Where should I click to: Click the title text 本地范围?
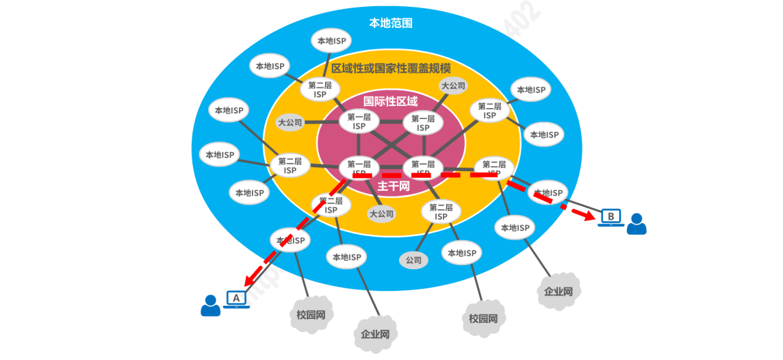[391, 23]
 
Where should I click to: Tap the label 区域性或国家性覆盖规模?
[391, 68]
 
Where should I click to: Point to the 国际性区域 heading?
[390, 101]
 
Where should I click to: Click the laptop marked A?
[236, 299]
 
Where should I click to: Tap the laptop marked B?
[611, 218]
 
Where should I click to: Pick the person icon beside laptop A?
[211, 305]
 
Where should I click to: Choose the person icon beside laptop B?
[637, 224]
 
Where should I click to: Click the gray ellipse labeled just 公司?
[413, 260]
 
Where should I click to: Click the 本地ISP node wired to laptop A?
[290, 240]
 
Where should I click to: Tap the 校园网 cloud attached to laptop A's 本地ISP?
[311, 316]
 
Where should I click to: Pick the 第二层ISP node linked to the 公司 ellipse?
[441, 211]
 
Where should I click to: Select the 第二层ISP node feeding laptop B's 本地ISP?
[494, 168]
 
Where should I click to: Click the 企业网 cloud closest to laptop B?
[559, 291]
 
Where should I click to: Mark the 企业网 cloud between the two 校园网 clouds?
[375, 334]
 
